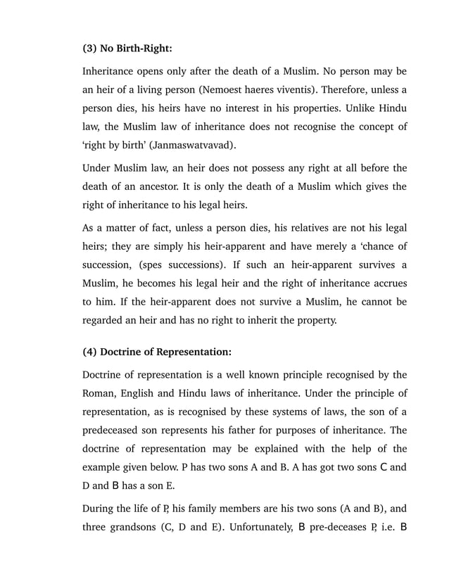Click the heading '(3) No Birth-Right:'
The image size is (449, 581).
pyautogui.click(x=127, y=49)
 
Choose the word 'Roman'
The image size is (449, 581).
pyautogui.click(x=101, y=392)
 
